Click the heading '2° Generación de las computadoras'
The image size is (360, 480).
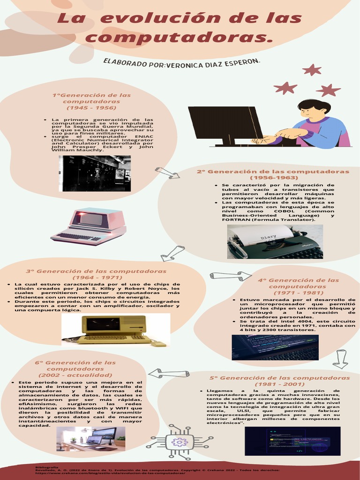click(x=273, y=172)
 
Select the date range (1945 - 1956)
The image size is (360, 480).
click(x=91, y=107)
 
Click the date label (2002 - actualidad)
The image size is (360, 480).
click(x=75, y=375)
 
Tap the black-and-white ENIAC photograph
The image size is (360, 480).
click(x=95, y=173)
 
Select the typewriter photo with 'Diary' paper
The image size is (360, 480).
click(x=275, y=241)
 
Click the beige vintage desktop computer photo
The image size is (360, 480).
click(x=115, y=330)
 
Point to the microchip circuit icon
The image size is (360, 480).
click(x=180, y=442)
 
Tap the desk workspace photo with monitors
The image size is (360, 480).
click(x=91, y=439)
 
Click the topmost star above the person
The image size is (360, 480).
click(x=312, y=70)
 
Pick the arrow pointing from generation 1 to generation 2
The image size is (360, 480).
click(x=167, y=173)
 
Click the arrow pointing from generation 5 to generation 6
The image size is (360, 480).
click(x=169, y=373)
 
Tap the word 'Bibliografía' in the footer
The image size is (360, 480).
click(x=47, y=467)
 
